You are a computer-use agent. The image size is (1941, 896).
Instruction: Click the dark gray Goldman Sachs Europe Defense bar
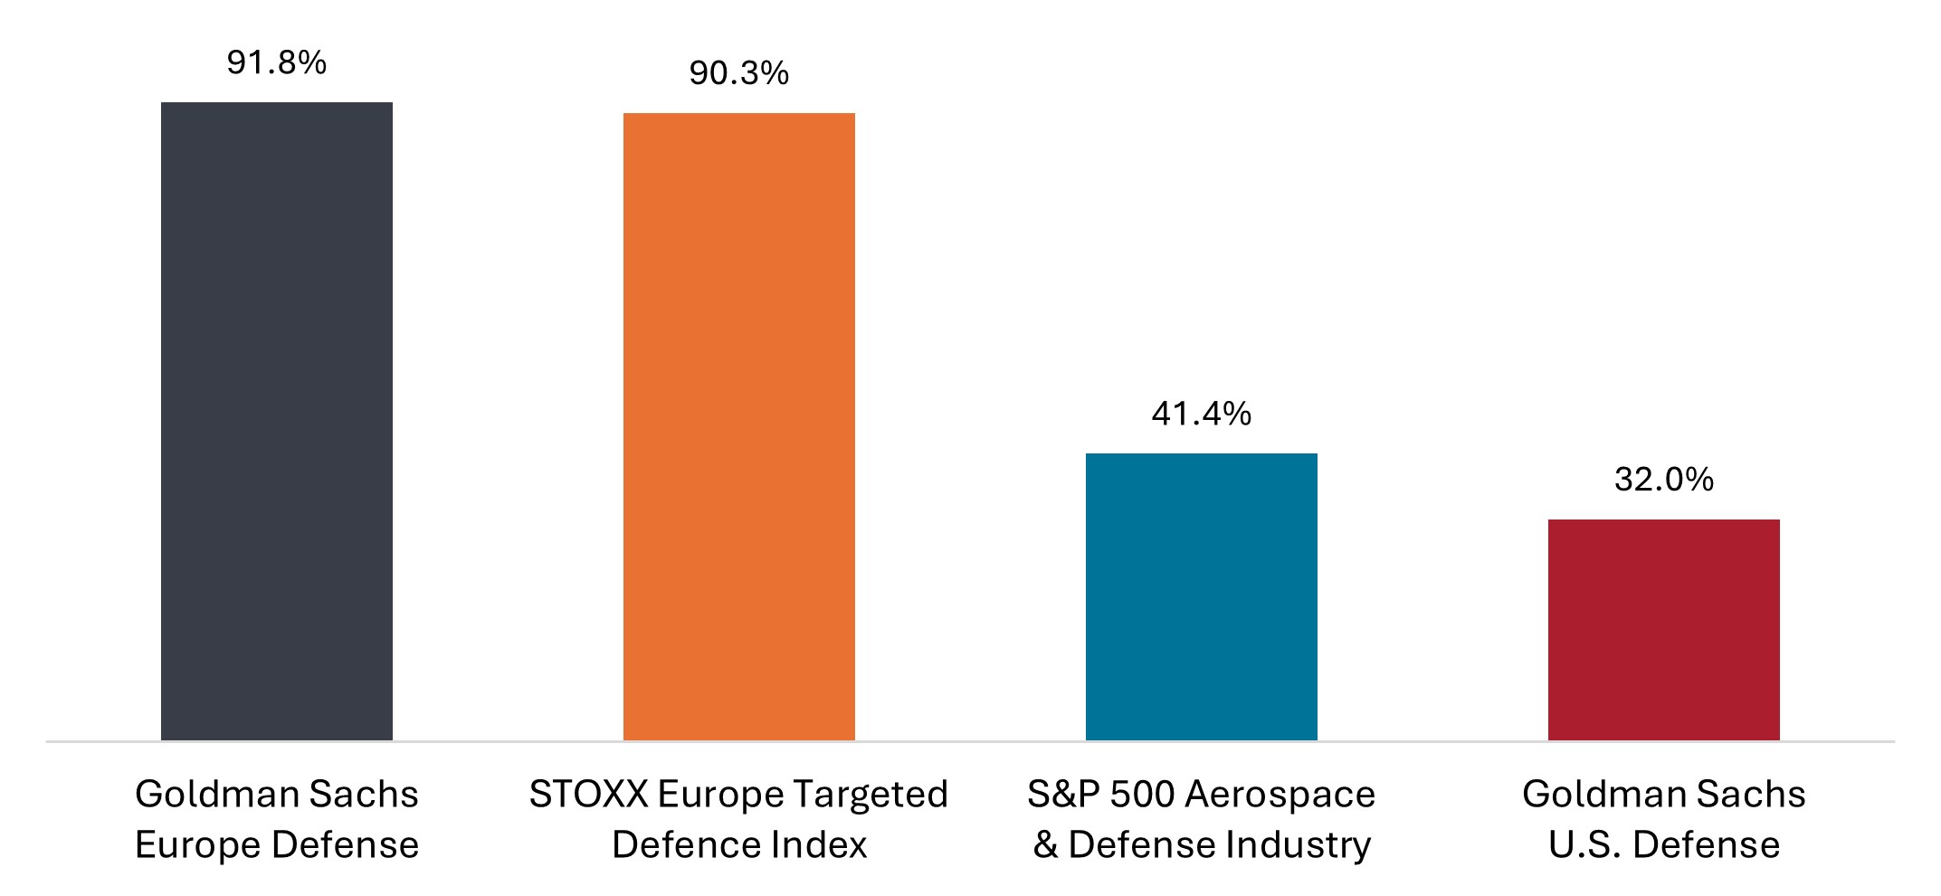tap(277, 421)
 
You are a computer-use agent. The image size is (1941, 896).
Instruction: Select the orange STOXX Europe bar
tap(738, 426)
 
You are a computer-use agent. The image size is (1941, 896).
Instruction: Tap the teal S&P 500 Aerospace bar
tap(1201, 596)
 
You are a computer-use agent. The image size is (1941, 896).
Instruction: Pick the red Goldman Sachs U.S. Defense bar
tap(1663, 629)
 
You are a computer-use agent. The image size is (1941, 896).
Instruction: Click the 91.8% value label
tap(277, 62)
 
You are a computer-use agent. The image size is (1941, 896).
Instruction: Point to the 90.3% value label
tap(738, 73)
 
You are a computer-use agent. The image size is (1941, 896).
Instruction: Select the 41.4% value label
tap(1201, 414)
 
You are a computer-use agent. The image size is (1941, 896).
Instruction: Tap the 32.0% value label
tap(1663, 480)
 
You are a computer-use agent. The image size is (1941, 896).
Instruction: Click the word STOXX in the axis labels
tap(588, 795)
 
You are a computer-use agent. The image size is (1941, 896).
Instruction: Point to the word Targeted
tap(871, 795)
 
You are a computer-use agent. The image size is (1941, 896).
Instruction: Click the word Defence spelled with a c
tap(685, 845)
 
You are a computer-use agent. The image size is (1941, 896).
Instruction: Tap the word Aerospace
tap(1280, 795)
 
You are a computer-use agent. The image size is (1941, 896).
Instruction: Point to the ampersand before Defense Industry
tap(1045, 845)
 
